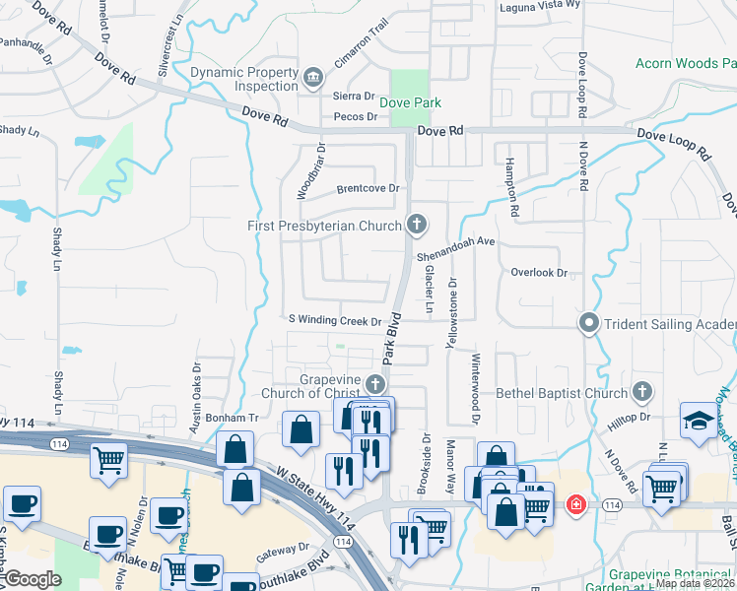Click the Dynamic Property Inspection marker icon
coord(313,76)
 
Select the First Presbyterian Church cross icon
coord(417,226)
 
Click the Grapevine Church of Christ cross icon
coord(374,384)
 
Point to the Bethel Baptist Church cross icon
coord(642,393)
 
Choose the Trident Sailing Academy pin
coord(589,322)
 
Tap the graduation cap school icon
coord(699,419)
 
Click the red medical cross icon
coord(575,505)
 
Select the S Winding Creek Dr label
coord(334,321)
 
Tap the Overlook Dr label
coord(539,272)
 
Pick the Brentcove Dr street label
coord(367,188)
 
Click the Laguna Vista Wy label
coord(540,5)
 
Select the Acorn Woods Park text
coord(686,63)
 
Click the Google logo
coord(33,578)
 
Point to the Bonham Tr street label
coord(232,418)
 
